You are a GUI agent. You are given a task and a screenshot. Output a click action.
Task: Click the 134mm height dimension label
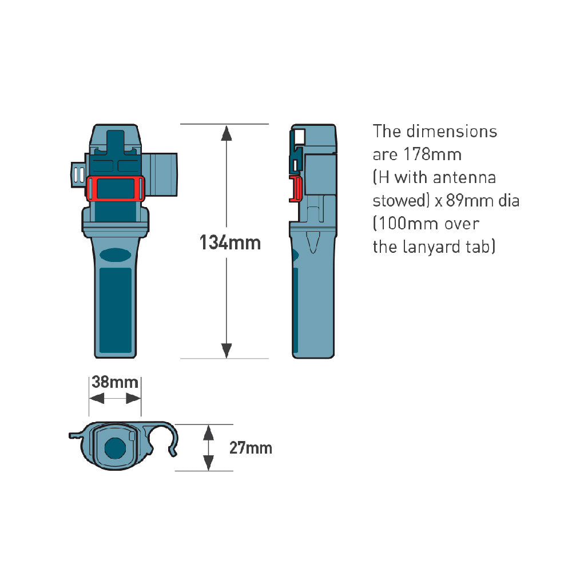(x=230, y=243)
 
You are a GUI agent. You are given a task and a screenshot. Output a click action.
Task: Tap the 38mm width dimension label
(x=115, y=382)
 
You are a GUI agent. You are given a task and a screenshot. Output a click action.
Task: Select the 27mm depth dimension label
(x=251, y=448)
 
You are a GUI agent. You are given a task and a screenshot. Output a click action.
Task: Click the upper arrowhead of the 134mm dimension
(x=227, y=133)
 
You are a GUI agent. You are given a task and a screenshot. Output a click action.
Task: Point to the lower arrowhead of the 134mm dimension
(x=227, y=351)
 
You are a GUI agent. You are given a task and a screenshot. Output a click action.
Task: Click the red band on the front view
(x=116, y=189)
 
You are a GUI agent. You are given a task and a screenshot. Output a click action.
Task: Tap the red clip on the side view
(x=296, y=189)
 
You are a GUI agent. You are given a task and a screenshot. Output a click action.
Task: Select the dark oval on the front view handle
(x=116, y=255)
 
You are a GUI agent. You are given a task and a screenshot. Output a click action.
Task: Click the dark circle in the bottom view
(x=116, y=448)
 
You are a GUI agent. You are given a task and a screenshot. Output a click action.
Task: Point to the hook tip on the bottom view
(x=174, y=454)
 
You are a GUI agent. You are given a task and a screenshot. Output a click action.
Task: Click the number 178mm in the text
(x=432, y=154)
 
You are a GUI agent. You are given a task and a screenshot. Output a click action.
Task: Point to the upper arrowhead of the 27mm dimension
(x=208, y=432)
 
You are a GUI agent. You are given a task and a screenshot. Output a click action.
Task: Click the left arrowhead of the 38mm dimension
(x=97, y=398)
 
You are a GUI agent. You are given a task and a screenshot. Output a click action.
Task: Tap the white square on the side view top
(x=299, y=137)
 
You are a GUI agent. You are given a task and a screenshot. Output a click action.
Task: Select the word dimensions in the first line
(x=452, y=132)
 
